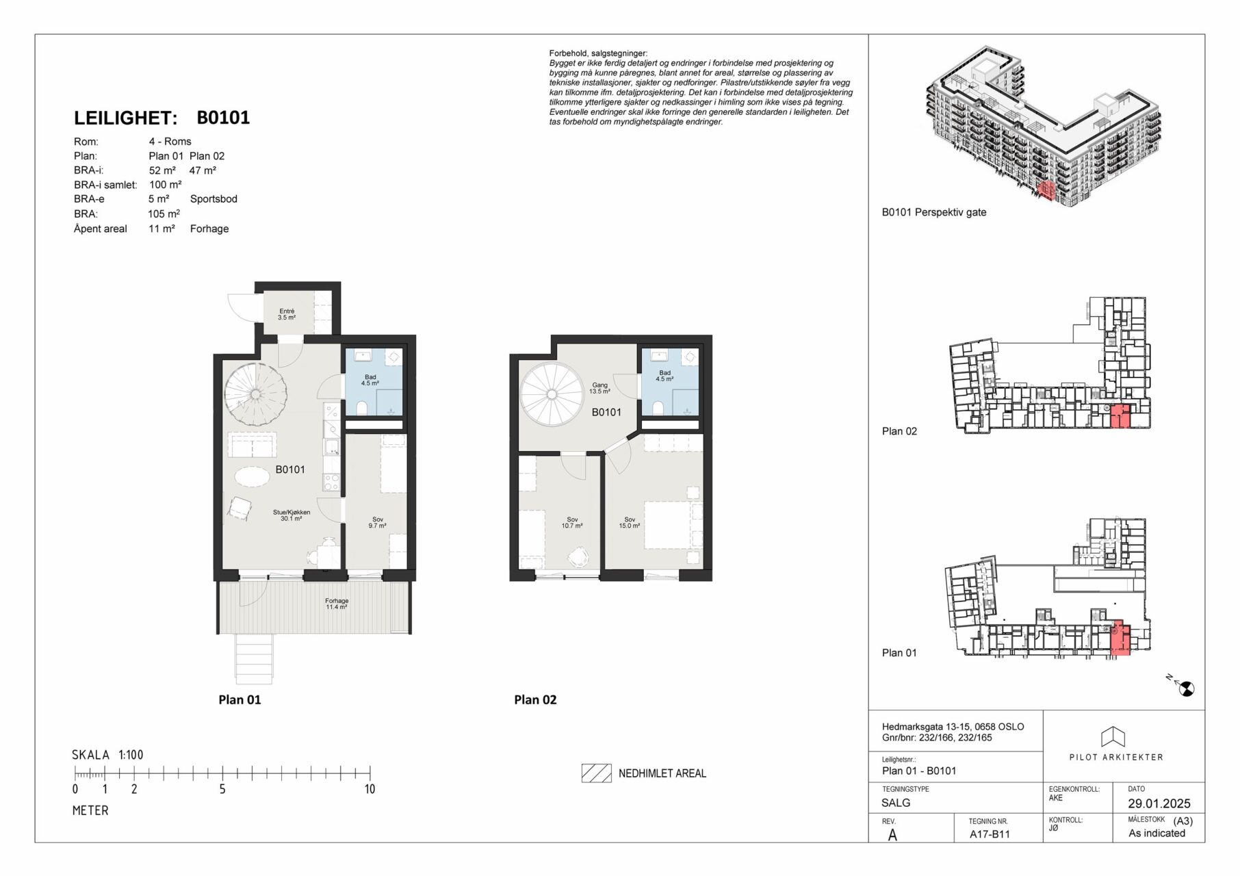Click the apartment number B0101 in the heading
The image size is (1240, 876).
(223, 118)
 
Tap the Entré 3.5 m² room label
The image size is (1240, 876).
(287, 314)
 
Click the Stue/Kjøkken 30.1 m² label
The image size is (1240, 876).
(292, 515)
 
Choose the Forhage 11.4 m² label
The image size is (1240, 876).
(337, 604)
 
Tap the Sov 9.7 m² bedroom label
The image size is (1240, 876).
(378, 522)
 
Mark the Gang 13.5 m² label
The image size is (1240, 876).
(599, 388)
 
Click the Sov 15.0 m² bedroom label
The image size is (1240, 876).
(630, 523)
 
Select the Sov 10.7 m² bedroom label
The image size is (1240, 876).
(572, 523)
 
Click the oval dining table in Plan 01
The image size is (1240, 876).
(253, 476)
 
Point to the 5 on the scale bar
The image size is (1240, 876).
(222, 789)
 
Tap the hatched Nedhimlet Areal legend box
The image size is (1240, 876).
(597, 773)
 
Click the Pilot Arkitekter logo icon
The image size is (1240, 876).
(1113, 737)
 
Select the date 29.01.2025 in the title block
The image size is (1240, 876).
(1159, 803)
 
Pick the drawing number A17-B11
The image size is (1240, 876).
(990, 834)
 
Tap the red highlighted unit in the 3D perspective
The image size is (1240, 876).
(1046, 190)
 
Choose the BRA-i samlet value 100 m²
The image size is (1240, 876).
(165, 185)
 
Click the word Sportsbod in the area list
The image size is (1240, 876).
(214, 199)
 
